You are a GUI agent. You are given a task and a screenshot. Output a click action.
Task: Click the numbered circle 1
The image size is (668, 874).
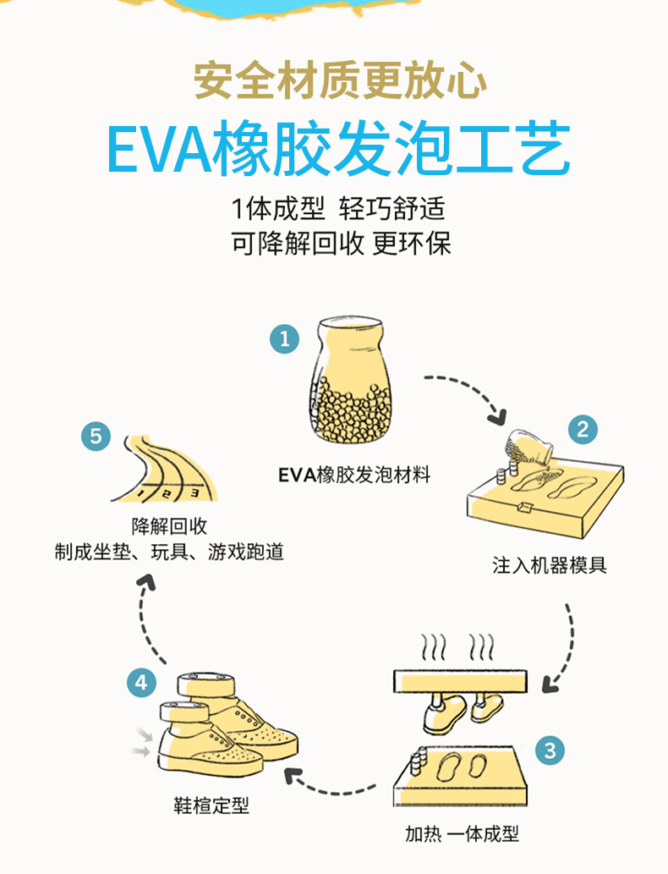point(284,338)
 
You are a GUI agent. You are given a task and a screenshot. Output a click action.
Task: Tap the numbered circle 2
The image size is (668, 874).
point(582,429)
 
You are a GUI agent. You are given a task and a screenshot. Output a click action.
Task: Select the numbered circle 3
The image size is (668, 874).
point(550,750)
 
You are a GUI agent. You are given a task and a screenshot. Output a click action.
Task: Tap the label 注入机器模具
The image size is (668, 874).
point(549,564)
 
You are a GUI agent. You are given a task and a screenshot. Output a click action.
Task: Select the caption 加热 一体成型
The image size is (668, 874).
point(461,833)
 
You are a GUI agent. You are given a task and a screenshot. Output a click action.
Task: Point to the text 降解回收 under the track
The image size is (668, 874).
point(169,525)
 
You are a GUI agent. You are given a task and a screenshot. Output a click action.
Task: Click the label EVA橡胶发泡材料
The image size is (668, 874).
point(354,475)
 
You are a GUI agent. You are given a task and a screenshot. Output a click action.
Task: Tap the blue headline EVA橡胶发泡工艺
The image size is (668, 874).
point(338,150)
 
